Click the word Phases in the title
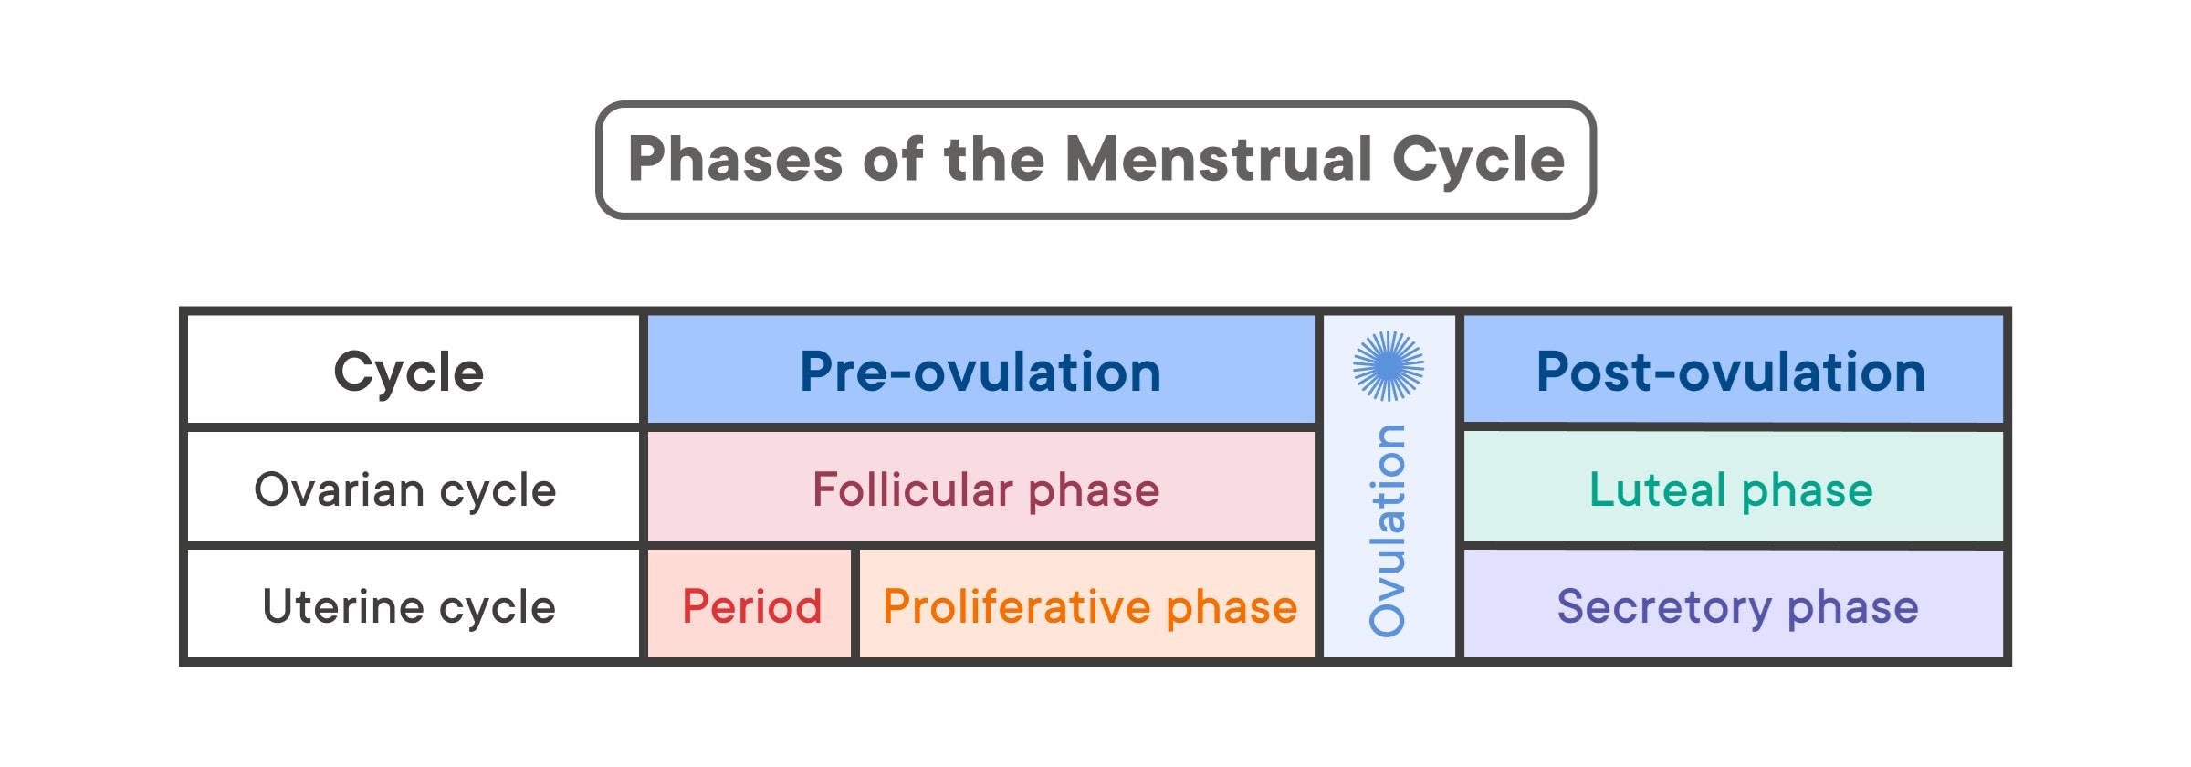coord(735,160)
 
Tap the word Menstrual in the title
coord(1219,160)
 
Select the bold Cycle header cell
coord(409,372)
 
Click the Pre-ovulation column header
coord(980,372)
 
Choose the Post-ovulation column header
coord(1731,372)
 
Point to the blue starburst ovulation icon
coord(1388,366)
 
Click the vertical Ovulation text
coord(1388,530)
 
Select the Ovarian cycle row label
coord(405,490)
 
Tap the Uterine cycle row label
coord(409,607)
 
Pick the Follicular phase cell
coord(986,490)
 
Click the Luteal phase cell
coord(1731,490)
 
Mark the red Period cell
coord(752,607)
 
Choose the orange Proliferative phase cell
coord(1090,607)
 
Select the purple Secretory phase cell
coord(1737,607)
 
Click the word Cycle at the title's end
coord(1478,160)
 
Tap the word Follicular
coord(913,490)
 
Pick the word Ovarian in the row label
coord(339,490)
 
